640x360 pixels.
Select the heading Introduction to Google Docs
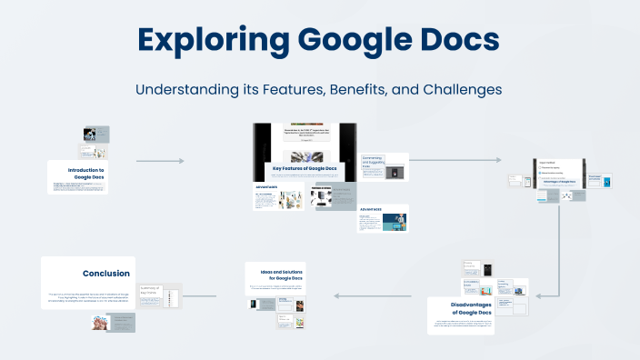[85, 173]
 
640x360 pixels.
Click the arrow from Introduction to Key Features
[160, 161]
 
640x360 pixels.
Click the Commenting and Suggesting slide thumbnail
[384, 167]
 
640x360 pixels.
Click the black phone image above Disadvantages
[487, 271]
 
